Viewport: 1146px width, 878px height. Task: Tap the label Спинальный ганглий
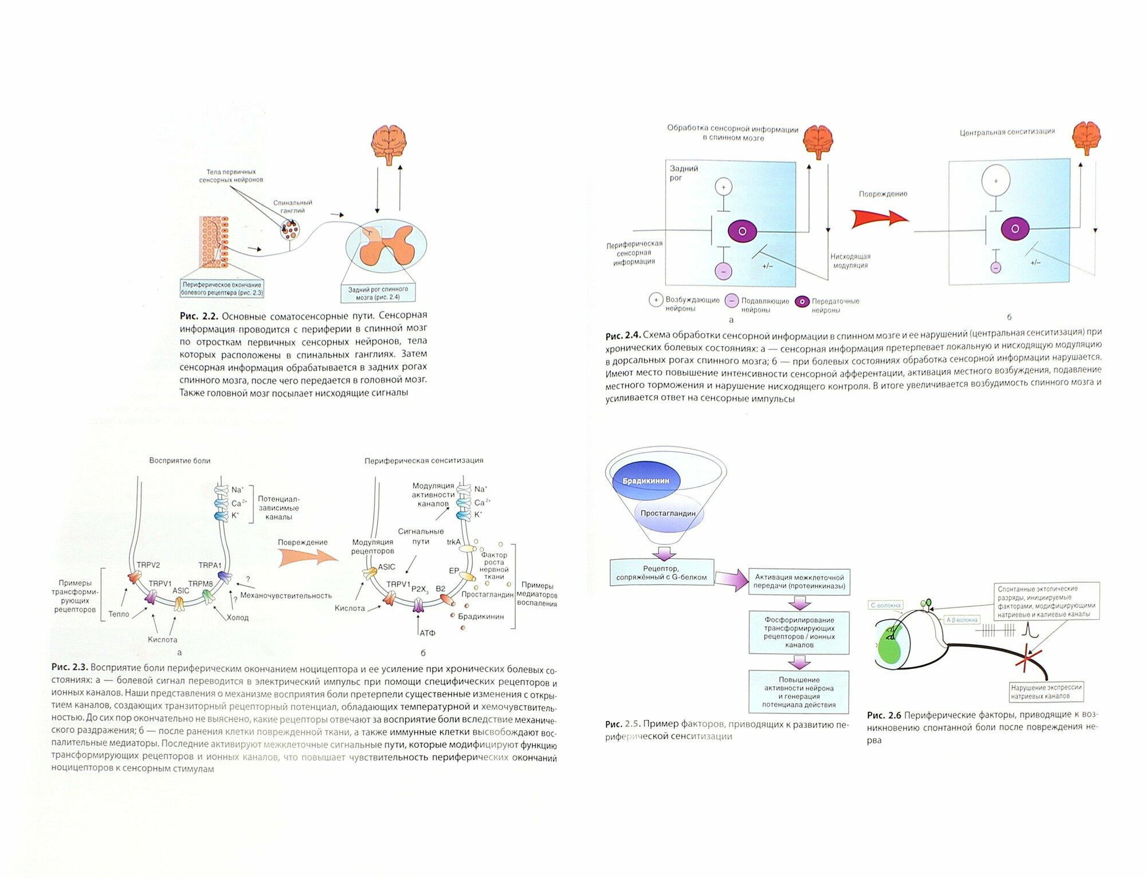292,206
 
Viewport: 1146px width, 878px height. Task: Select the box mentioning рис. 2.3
222,288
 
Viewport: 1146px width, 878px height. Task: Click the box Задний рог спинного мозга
378,293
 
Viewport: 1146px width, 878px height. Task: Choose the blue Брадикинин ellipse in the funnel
646,481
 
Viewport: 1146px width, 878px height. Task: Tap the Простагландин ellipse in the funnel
668,513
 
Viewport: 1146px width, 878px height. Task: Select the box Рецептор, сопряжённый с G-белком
661,573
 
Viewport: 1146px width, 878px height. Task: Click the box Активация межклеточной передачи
799,581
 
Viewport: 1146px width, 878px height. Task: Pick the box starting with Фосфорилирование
799,632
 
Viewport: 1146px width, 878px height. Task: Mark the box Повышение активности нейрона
799,692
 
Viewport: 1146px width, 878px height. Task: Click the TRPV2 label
148,565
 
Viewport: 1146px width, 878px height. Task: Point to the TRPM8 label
201,583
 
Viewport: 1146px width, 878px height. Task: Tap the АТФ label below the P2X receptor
427,633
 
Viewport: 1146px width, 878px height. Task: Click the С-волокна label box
885,605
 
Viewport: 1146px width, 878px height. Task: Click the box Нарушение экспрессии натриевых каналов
1046,692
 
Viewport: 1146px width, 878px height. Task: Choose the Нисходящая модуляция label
850,261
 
